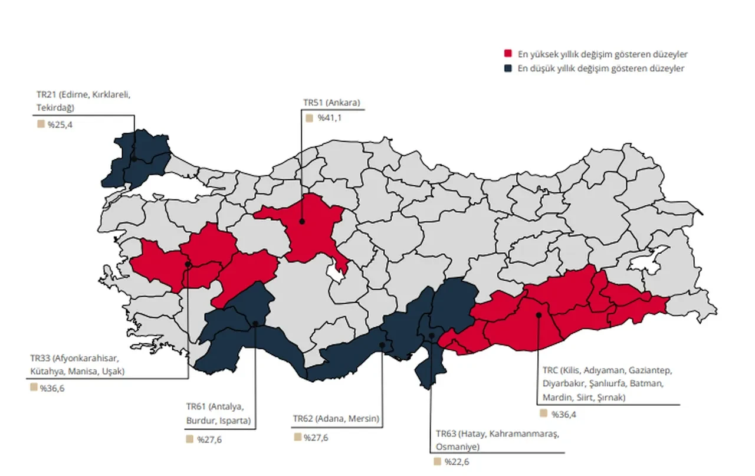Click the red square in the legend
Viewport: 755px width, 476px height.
click(508, 54)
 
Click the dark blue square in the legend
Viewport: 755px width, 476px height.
click(508, 68)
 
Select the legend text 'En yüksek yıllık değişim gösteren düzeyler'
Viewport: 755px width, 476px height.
click(602, 54)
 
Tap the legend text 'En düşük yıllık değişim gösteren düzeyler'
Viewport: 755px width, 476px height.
click(600, 69)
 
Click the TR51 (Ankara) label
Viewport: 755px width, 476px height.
click(331, 103)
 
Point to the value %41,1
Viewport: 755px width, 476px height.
click(330, 118)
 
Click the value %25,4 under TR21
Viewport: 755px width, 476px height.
click(60, 124)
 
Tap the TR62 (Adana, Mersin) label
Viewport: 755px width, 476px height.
click(336, 419)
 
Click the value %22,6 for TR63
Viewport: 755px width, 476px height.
click(457, 461)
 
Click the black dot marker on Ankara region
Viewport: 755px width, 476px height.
click(301, 222)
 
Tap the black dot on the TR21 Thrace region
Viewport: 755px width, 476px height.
click(134, 159)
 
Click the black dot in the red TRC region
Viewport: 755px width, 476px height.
click(539, 315)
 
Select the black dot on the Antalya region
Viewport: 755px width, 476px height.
click(255, 324)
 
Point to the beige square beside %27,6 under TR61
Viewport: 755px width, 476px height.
click(189, 439)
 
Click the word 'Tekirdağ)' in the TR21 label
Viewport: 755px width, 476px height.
click(55, 108)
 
